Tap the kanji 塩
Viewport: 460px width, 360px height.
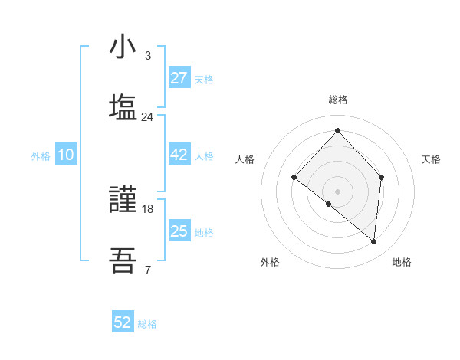(x=123, y=107)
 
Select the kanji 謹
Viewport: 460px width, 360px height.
(x=123, y=201)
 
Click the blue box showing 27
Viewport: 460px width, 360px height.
(x=179, y=78)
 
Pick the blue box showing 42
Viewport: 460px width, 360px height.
(x=179, y=155)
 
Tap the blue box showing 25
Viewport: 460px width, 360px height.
(x=179, y=231)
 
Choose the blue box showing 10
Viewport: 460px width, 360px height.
(x=66, y=155)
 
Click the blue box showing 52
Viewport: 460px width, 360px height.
(x=123, y=322)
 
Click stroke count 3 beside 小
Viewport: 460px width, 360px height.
(x=147, y=56)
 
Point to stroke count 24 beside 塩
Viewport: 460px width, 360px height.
(x=147, y=117)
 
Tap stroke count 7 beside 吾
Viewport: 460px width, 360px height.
(x=147, y=270)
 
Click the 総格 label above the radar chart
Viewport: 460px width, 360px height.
(x=337, y=100)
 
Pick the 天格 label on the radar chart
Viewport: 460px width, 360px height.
(x=431, y=159)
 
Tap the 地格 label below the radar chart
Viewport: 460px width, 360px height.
(x=402, y=263)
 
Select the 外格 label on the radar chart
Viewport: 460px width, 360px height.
(x=270, y=263)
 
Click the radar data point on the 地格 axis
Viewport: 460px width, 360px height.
(x=374, y=242)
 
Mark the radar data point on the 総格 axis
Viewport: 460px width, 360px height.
(x=337, y=131)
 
